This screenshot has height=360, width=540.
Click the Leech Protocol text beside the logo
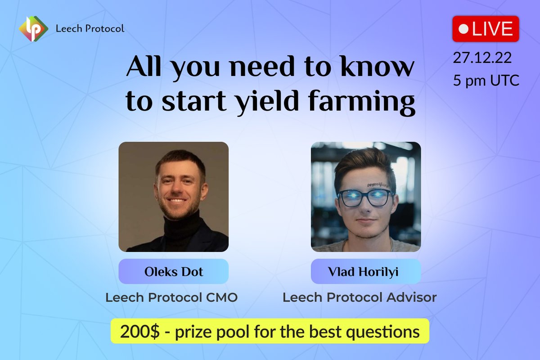click(90, 29)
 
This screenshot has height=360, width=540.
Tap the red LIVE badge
click(486, 29)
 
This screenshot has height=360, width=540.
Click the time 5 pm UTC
click(486, 81)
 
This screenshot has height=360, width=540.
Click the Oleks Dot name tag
click(173, 272)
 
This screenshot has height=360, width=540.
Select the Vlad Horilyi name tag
click(365, 272)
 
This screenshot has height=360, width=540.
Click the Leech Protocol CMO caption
click(171, 297)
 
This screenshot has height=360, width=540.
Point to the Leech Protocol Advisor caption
click(359, 297)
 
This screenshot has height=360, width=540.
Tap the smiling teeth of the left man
click(178, 201)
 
